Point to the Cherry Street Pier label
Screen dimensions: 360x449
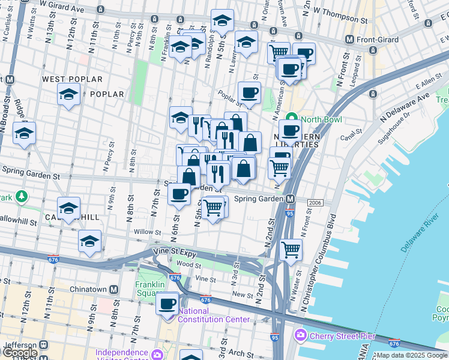pos(342,336)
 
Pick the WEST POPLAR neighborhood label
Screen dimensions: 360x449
pos(72,79)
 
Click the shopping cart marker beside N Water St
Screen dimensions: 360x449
pos(291,249)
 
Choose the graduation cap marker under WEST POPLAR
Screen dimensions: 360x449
pos(68,94)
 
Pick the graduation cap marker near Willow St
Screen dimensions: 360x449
pos(89,241)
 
